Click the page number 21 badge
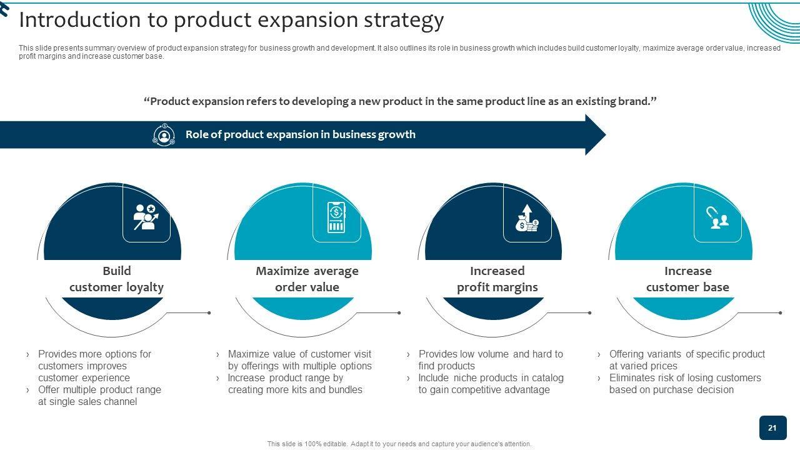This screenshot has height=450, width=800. click(773, 427)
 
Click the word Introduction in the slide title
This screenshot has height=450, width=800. click(80, 19)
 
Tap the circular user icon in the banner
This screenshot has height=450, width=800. click(164, 135)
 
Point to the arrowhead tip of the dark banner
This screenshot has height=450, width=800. click(606, 134)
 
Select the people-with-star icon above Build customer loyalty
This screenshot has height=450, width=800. click(146, 217)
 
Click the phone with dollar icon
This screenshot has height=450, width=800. click(336, 217)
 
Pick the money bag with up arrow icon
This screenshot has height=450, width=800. click(527, 217)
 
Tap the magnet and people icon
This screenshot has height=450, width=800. click(717, 217)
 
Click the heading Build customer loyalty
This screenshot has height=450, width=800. click(116, 279)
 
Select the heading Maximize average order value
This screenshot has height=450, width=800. click(307, 279)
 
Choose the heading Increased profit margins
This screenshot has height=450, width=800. click(497, 279)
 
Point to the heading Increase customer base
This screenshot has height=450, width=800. click(688, 279)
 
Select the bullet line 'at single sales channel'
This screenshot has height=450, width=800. click(87, 402)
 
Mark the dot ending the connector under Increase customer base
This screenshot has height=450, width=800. click(781, 313)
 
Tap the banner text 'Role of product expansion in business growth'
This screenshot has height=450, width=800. click(301, 134)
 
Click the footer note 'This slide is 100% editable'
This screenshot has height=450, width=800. click(307, 444)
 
